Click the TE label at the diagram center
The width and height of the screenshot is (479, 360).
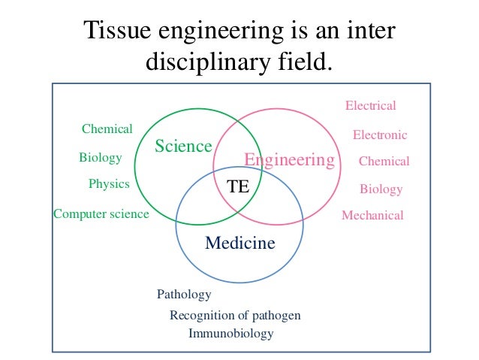(x=239, y=187)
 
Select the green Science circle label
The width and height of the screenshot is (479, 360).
(x=183, y=146)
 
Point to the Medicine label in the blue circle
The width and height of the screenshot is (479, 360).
(x=240, y=244)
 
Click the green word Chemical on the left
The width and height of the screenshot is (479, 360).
(x=107, y=129)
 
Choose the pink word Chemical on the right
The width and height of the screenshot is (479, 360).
(x=384, y=162)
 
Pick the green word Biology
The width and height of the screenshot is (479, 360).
(x=100, y=158)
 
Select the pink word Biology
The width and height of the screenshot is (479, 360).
(x=381, y=189)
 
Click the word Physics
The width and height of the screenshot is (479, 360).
(x=109, y=184)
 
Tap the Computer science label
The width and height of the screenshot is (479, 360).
(x=101, y=214)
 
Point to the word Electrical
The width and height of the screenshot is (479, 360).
(x=370, y=106)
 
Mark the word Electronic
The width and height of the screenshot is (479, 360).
(x=380, y=135)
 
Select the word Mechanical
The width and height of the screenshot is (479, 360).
(x=372, y=216)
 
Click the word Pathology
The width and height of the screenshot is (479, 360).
(x=184, y=295)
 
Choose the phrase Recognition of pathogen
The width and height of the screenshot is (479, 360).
(x=235, y=316)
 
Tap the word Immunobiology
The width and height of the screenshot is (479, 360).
(x=231, y=334)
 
